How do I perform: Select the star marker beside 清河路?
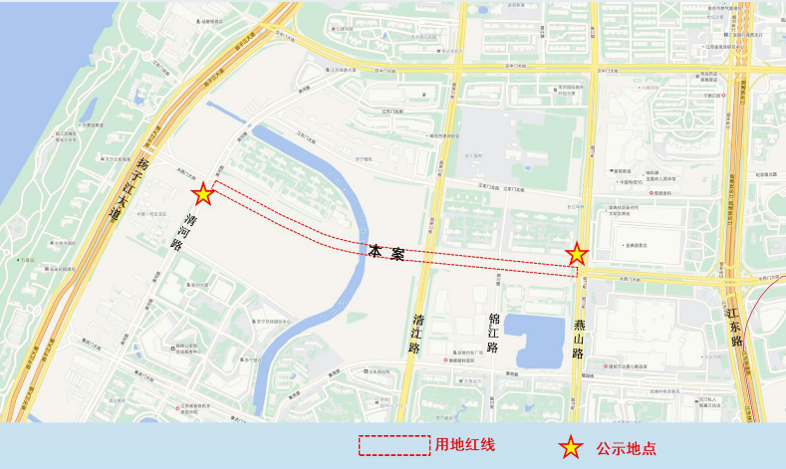pyautogui.click(x=203, y=193)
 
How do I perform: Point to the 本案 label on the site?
pyautogui.click(x=386, y=253)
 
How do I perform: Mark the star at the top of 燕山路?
pyautogui.click(x=576, y=255)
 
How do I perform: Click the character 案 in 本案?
pyautogui.click(x=397, y=254)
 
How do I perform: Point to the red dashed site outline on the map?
pyautogui.click(x=299, y=223)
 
